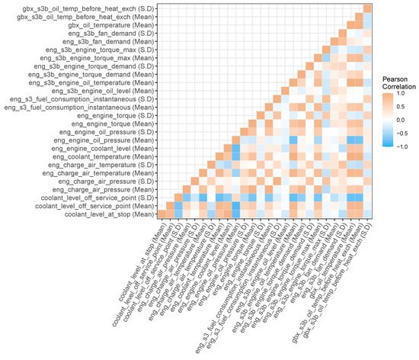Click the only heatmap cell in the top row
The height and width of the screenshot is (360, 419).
tap(367, 8)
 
